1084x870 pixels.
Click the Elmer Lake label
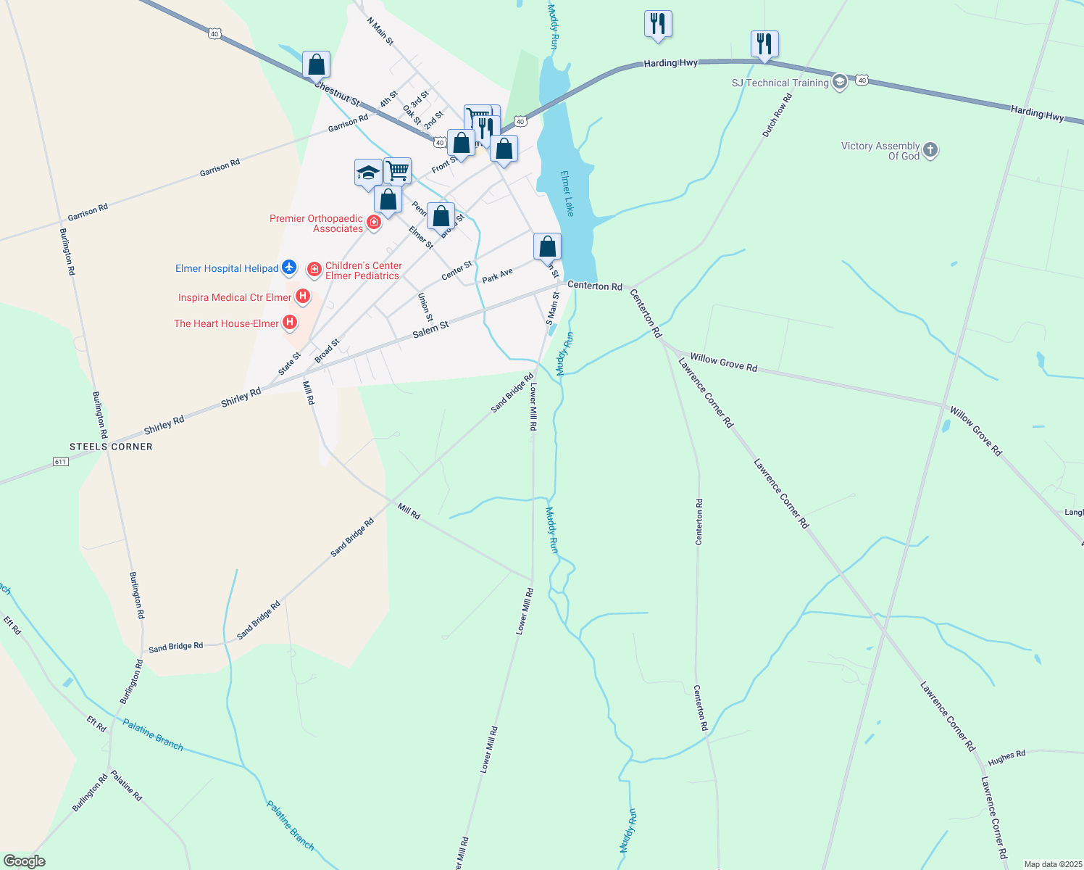567,194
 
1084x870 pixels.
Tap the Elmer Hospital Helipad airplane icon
289,268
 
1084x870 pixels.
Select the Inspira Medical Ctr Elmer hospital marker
303,297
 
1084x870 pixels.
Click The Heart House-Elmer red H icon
290,323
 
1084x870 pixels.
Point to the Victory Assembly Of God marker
930,151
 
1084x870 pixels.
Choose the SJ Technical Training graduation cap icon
840,81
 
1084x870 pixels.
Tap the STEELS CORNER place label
111,447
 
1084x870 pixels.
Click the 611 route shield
61,462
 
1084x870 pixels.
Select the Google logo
24,861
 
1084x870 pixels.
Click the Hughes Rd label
1006,758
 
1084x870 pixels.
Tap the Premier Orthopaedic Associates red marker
374,222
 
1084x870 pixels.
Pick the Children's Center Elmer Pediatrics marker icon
314,270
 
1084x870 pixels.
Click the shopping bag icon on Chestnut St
316,65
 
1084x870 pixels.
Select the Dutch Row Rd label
777,115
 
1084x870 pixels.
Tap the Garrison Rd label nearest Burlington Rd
88,212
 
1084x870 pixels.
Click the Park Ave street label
497,275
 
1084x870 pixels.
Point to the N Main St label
380,32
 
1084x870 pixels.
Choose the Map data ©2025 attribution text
1052,864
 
